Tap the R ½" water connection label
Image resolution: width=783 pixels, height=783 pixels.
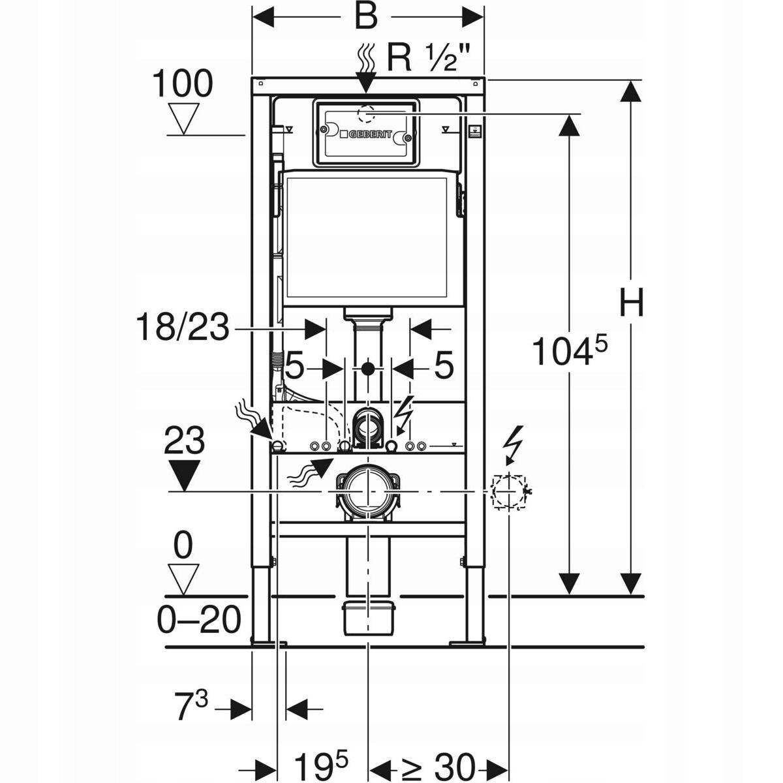[x=427, y=59]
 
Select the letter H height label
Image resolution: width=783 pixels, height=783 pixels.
[x=631, y=303]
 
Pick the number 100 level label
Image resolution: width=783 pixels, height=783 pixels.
[x=182, y=84]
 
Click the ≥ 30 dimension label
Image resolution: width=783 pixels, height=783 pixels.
[x=438, y=765]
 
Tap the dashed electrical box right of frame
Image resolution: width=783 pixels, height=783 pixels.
[x=509, y=491]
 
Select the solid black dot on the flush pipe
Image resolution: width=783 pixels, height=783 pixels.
[x=368, y=369]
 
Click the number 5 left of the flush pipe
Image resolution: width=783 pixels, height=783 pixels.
[x=294, y=368]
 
